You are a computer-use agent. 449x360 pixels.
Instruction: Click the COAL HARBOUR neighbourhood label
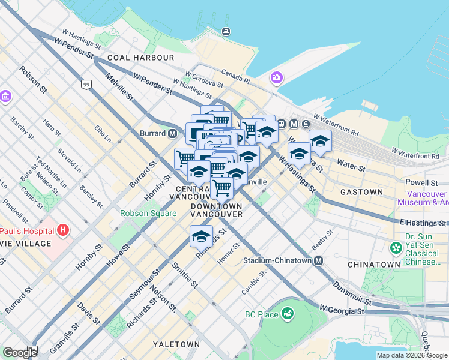pyautogui.click(x=141, y=58)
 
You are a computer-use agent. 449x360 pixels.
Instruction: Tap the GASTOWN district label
pyautogui.click(x=361, y=192)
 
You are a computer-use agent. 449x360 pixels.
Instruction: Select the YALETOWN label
pyautogui.click(x=176, y=344)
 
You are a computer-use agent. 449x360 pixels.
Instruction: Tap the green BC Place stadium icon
pyautogui.click(x=288, y=313)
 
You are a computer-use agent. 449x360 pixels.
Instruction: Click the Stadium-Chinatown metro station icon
pyautogui.click(x=318, y=261)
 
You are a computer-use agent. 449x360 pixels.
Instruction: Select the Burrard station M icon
pyautogui.click(x=172, y=133)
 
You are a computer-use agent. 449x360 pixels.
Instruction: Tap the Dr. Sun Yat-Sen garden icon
pyautogui.click(x=396, y=247)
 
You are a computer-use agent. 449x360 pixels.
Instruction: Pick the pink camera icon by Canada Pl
pyautogui.click(x=276, y=77)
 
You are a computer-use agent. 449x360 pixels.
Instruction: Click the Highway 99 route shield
pyautogui.click(x=87, y=84)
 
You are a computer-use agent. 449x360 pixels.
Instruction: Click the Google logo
pyautogui.click(x=20, y=353)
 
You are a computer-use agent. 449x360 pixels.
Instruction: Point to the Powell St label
pyautogui.click(x=421, y=182)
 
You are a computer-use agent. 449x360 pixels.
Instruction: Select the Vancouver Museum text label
pyautogui.click(x=427, y=198)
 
